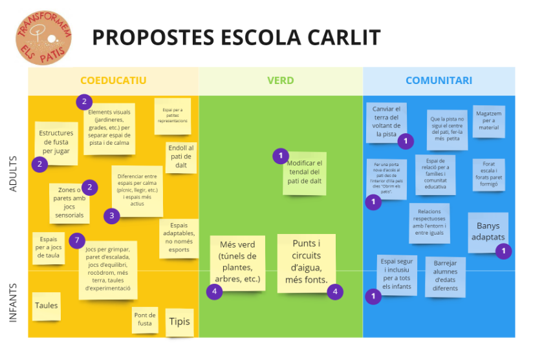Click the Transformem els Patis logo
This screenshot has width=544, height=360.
click(43, 37)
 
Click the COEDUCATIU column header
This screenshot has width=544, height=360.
click(113, 81)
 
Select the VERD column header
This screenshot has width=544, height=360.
click(280, 81)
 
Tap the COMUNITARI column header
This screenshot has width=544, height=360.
click(439, 81)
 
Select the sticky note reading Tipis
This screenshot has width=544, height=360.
click(179, 322)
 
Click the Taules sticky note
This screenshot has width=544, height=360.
click(46, 306)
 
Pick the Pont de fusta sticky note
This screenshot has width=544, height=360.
click(145, 319)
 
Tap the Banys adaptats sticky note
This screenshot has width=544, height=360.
click(488, 231)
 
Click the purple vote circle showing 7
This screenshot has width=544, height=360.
click(77, 240)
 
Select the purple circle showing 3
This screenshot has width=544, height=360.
click(111, 216)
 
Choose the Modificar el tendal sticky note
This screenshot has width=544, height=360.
click(304, 173)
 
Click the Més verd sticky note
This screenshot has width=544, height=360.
click(237, 262)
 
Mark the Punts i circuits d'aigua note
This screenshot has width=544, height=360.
click(306, 261)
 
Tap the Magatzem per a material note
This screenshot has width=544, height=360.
click(488, 120)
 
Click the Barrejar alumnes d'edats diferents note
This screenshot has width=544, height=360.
click(445, 276)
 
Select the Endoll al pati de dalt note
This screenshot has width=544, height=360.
click(180, 156)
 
